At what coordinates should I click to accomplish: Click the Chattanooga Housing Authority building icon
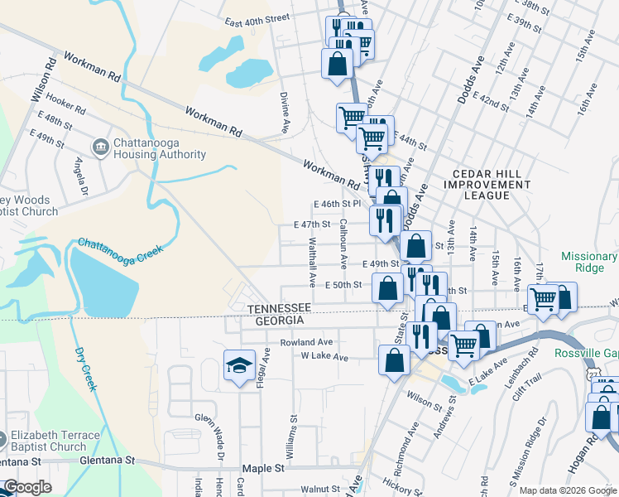(x=100, y=147)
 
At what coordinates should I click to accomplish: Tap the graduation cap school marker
(x=238, y=364)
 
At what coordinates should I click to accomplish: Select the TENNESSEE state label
(x=279, y=308)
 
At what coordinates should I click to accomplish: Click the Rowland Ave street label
(x=306, y=342)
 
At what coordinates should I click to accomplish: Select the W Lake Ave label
(x=324, y=358)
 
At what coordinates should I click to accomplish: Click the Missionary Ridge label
(x=588, y=262)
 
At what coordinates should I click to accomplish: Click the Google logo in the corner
(x=27, y=487)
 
